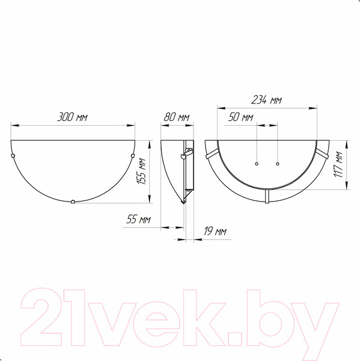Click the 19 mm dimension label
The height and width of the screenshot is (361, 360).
click(213, 231)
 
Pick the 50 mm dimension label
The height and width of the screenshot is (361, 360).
click(240, 117)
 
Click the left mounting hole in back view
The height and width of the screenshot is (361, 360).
click(257, 164)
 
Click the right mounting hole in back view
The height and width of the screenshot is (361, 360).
click(278, 164)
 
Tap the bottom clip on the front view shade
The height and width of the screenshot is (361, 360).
click(73, 202)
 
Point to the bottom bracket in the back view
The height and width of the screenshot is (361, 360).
click(267, 196)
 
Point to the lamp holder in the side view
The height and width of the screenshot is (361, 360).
click(187, 153)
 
